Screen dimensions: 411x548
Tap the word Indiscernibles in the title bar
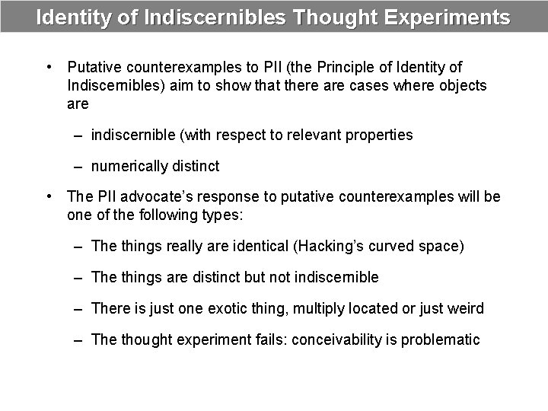point(205,17)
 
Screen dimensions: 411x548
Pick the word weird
point(465,308)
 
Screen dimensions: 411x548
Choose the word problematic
point(441,339)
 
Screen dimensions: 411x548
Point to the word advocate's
point(155,197)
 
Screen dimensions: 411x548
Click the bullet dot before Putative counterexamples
point(49,67)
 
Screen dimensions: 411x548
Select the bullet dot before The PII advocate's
point(49,196)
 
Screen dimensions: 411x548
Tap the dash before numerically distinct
point(78,167)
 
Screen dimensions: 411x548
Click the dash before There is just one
point(78,309)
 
